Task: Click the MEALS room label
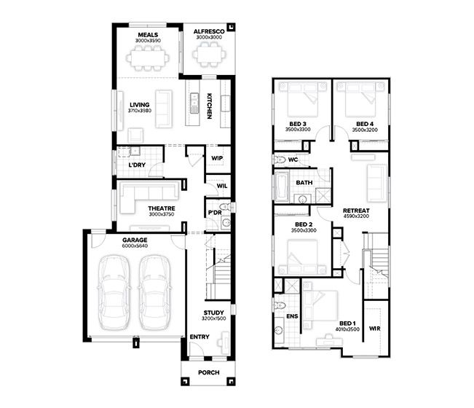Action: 148,35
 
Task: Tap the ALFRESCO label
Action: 209,31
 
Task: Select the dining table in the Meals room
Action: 148,58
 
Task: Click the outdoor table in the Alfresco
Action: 209,55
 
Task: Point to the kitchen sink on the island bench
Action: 194,103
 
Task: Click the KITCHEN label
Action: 209,106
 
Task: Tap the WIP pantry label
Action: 217,158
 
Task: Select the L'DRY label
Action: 137,165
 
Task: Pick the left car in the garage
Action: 114,292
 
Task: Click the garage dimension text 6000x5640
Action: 135,246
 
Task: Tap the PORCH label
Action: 208,372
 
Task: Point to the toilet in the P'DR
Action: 226,207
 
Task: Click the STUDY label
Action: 213,313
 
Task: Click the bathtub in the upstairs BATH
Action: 282,187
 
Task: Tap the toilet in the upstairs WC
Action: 280,159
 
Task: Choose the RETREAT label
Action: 356,211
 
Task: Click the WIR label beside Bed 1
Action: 374,328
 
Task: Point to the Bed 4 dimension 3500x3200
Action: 365,130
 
